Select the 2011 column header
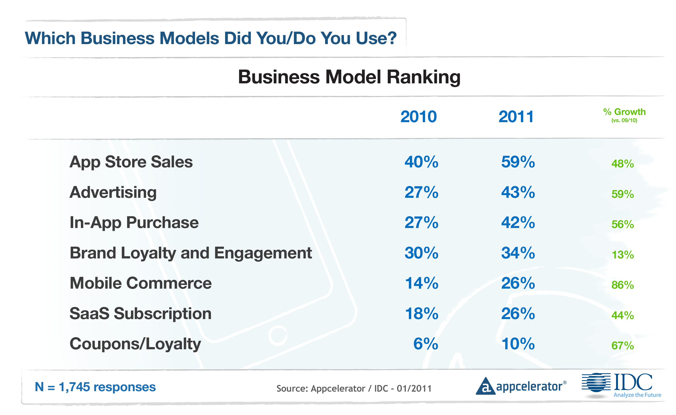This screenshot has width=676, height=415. coord(516,117)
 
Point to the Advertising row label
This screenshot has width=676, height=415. coord(113,193)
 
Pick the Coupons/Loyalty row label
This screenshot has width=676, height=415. coord(135,344)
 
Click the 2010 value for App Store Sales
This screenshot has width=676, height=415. coord(421,162)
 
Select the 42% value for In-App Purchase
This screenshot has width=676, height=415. coord(518,222)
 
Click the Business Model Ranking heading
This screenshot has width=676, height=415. coord(349,77)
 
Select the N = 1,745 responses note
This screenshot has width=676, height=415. coord(95,387)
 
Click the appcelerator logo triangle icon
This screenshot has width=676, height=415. coord(485,387)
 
